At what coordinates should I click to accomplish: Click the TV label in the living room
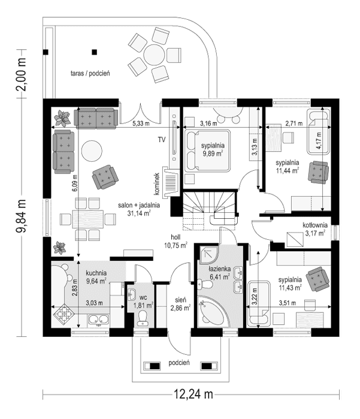(x=161, y=139)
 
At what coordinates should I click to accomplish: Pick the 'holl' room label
(x=176, y=236)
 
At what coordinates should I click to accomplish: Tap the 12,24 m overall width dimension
(x=193, y=394)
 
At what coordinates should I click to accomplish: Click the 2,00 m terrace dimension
(x=22, y=72)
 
